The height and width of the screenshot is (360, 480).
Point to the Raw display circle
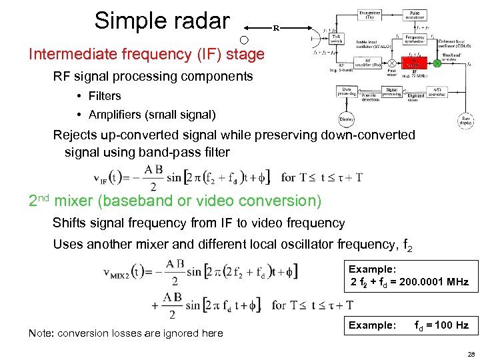[x=466, y=120]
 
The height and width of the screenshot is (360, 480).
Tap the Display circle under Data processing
[x=347, y=121]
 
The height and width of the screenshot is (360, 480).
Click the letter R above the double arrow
[x=276, y=28]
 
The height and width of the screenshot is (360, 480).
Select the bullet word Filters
[x=104, y=96]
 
